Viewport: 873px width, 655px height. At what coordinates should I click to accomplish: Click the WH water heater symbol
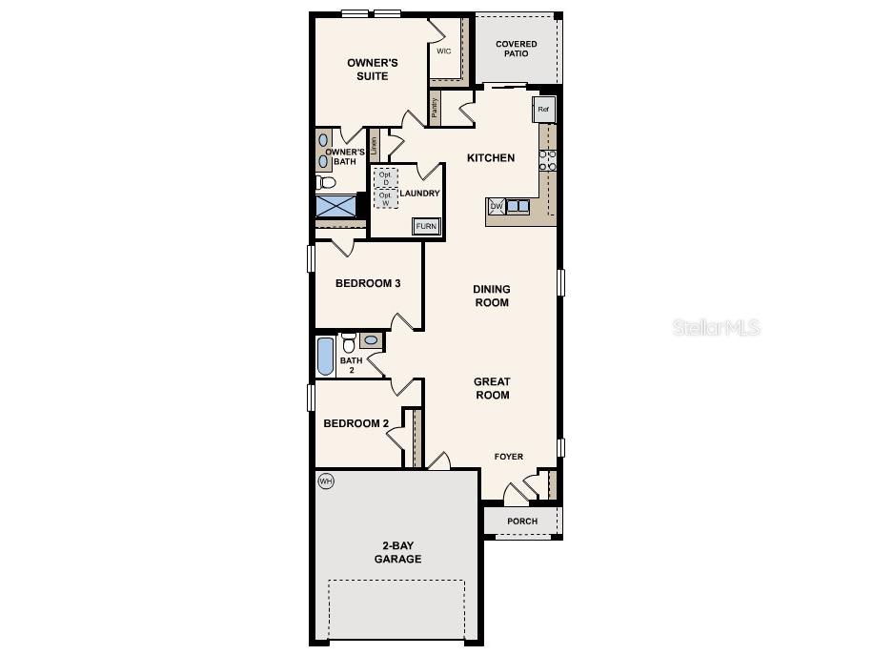pyautogui.click(x=326, y=481)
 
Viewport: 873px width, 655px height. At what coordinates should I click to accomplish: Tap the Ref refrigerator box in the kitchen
pyautogui.click(x=543, y=109)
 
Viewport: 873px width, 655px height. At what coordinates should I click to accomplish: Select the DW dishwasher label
pyautogui.click(x=497, y=206)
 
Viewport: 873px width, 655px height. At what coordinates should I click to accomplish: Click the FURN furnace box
pyautogui.click(x=426, y=226)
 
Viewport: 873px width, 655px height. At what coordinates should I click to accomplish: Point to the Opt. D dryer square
pyautogui.click(x=386, y=178)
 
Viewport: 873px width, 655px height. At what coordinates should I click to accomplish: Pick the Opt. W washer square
pyautogui.click(x=386, y=198)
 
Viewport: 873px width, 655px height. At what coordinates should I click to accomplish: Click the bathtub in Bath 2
pyautogui.click(x=326, y=356)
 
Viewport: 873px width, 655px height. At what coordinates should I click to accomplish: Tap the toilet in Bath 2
pyautogui.click(x=348, y=341)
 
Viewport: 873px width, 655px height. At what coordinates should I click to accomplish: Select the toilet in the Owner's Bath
pyautogui.click(x=326, y=181)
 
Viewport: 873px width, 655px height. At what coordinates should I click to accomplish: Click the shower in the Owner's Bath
pyautogui.click(x=335, y=206)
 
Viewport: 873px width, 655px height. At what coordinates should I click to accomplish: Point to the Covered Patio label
pyautogui.click(x=516, y=49)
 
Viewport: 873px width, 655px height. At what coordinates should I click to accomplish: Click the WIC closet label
pyautogui.click(x=443, y=51)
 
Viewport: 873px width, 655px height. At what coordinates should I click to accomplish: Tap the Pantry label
pyautogui.click(x=435, y=109)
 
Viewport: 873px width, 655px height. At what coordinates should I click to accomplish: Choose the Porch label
pyautogui.click(x=522, y=522)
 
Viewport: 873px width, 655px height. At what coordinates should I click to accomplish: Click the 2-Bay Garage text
pyautogui.click(x=397, y=553)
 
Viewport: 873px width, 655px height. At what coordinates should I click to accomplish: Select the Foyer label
pyautogui.click(x=508, y=457)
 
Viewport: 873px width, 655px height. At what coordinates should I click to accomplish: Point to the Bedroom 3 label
pyautogui.click(x=368, y=283)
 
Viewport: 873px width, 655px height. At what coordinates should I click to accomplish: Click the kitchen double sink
pyautogui.click(x=518, y=206)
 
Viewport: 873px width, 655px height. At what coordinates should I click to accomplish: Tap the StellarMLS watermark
pyautogui.click(x=717, y=328)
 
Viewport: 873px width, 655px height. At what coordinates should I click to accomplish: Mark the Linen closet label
pyautogui.click(x=374, y=146)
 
